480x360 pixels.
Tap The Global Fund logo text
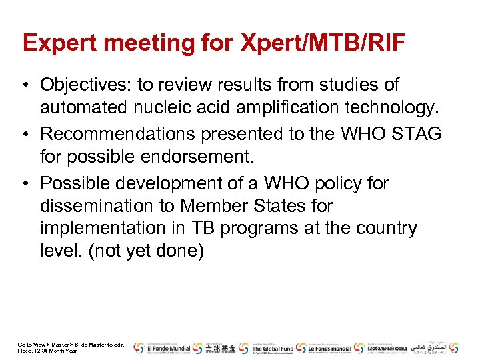[272, 348]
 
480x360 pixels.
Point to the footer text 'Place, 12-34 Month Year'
[47, 351]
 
